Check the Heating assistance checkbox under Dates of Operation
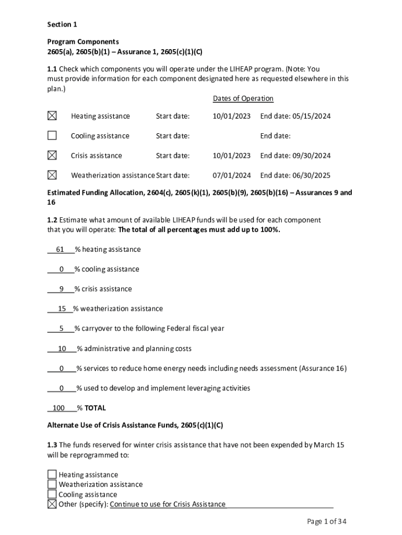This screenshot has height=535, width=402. (x=52, y=115)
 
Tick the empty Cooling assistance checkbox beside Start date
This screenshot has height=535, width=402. (x=52, y=135)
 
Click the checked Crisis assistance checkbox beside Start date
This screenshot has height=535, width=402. (x=52, y=155)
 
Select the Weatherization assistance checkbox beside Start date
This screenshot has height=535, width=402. (x=52, y=175)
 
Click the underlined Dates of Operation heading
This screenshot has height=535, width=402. (x=243, y=98)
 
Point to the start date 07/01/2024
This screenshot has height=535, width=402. (x=231, y=176)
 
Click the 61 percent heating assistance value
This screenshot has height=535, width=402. (x=60, y=250)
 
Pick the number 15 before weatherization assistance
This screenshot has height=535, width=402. (x=62, y=309)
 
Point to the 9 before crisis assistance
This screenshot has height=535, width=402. (x=62, y=289)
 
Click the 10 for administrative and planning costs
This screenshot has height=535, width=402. (x=62, y=348)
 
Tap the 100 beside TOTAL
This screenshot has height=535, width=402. (x=59, y=408)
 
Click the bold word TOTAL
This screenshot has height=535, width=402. (x=95, y=408)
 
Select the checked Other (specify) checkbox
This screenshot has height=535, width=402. (x=52, y=504)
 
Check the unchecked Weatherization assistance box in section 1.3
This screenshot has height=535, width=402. (x=52, y=484)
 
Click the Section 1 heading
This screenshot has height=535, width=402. (x=62, y=25)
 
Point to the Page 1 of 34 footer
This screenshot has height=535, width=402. (x=327, y=521)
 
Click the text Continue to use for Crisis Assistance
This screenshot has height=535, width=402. (x=168, y=504)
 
